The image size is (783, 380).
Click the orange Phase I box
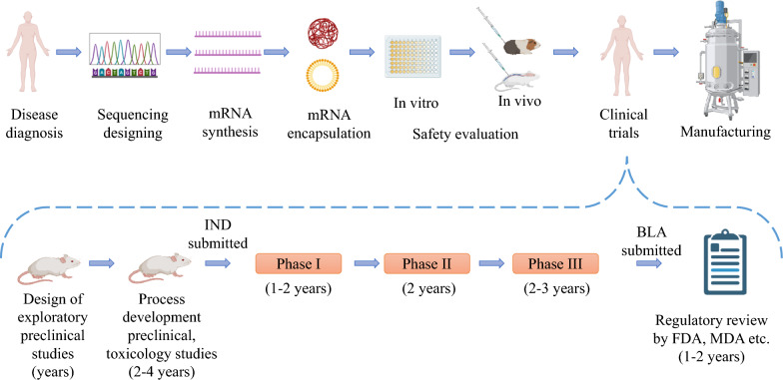tap(299, 265)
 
